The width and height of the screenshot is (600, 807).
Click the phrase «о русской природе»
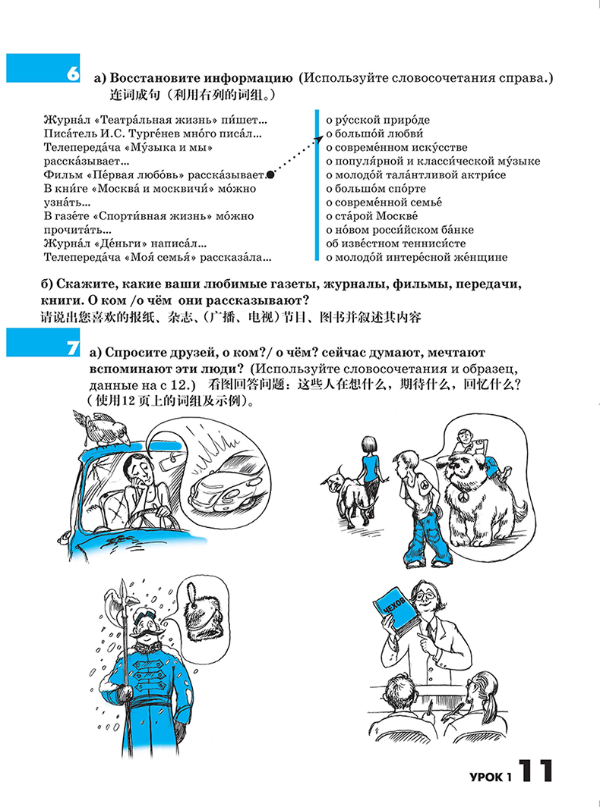(x=377, y=120)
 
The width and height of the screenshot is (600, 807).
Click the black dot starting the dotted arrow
(x=271, y=174)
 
